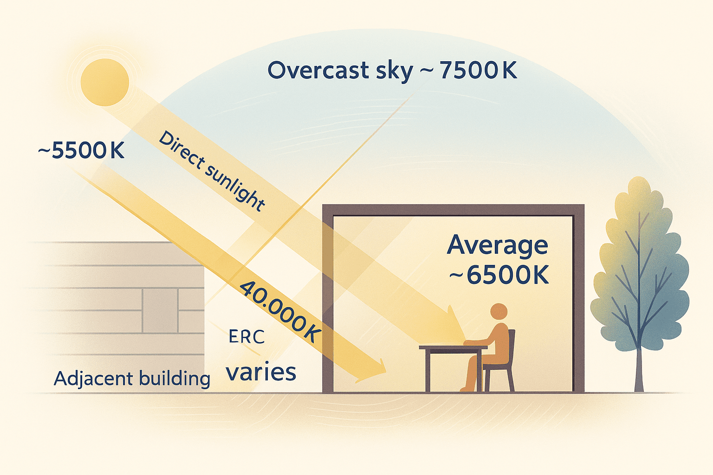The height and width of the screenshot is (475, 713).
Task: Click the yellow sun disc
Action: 104,82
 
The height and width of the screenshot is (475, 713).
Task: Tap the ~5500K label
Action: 81,151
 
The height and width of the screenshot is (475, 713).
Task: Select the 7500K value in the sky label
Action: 478,71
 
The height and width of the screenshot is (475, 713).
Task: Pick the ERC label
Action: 246,337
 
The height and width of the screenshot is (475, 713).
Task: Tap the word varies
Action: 261,372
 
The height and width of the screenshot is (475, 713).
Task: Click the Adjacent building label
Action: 132,379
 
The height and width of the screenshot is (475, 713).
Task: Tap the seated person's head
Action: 499,312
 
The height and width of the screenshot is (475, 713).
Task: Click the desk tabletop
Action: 453,347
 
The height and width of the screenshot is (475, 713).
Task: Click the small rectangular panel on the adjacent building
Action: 160,310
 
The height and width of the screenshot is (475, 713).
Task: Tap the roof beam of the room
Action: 453,210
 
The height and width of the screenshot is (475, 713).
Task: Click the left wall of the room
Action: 328,302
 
